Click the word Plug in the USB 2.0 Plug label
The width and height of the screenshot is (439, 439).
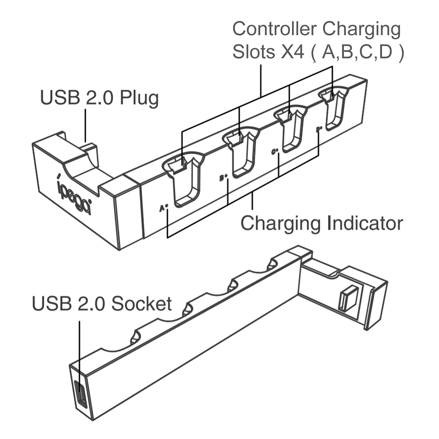[139, 98]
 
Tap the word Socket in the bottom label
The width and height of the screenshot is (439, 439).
[142, 303]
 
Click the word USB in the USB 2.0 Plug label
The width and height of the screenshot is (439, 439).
[60, 98]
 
